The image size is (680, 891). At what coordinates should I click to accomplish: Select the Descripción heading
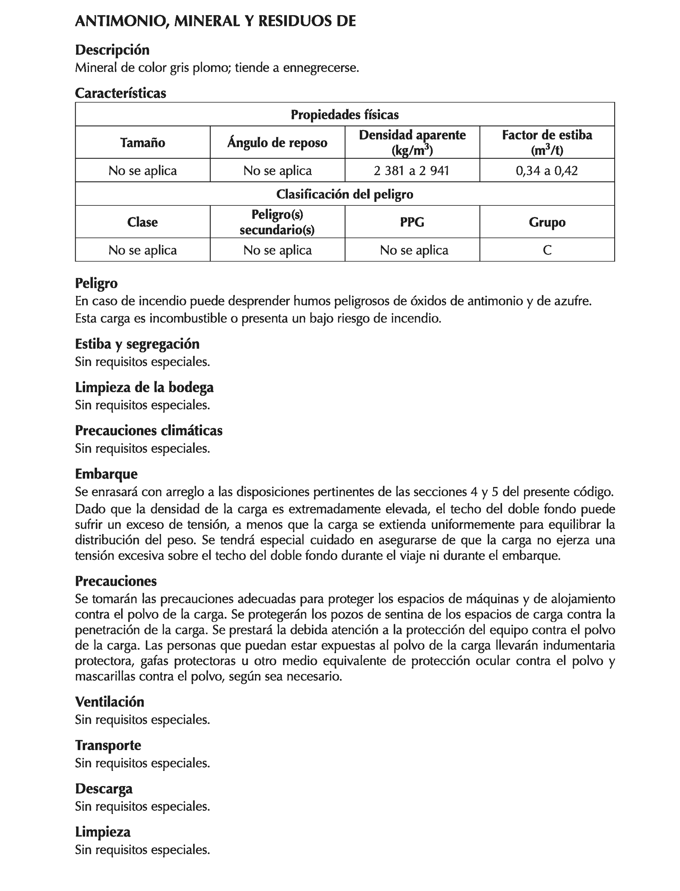(x=112, y=50)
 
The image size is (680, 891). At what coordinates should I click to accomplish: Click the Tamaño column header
(x=143, y=143)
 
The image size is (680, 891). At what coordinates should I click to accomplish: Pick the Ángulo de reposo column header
(x=277, y=143)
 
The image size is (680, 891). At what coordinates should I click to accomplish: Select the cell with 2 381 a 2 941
(x=412, y=171)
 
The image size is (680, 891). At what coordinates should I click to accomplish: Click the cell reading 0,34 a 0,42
(x=546, y=171)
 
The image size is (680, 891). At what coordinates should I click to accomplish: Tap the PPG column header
(x=412, y=222)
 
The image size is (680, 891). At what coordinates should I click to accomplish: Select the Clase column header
(x=143, y=222)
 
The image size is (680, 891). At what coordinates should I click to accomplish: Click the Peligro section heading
(x=96, y=283)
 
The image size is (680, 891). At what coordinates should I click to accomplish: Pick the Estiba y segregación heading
(x=137, y=344)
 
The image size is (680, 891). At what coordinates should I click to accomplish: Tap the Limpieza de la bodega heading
(x=144, y=387)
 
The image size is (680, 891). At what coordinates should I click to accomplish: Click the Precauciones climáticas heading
(x=148, y=431)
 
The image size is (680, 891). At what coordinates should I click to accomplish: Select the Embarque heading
(x=106, y=474)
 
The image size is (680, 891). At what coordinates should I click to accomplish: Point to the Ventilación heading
(x=109, y=702)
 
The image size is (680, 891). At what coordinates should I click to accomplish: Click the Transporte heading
(x=108, y=745)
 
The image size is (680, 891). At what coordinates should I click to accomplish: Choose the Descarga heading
(x=104, y=789)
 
